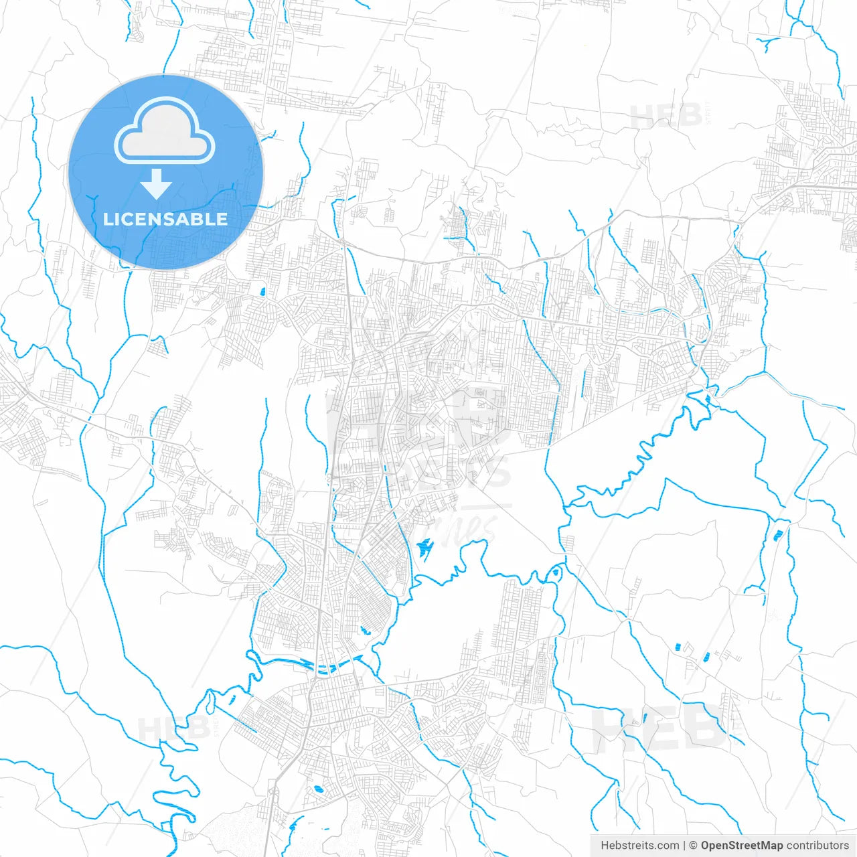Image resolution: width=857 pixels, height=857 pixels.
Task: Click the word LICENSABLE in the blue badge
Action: coord(165,219)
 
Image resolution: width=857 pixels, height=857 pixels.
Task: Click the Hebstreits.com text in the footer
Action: coord(640,846)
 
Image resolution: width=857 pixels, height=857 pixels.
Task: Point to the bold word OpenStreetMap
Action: coord(742,846)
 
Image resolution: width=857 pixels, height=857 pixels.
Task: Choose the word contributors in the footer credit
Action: coord(817,846)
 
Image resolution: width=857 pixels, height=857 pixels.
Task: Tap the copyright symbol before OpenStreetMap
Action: coord(694,846)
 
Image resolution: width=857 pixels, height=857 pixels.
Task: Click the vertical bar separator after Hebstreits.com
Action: coord(684,846)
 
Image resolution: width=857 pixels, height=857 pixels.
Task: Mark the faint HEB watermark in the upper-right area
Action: coord(666,116)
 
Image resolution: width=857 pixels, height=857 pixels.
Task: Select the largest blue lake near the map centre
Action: coord(423,550)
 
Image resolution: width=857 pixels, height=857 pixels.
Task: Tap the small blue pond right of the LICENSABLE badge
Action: coord(262,291)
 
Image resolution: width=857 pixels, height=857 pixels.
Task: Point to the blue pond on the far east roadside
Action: coord(778,534)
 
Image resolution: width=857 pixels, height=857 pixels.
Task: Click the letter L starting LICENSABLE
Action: coord(108,219)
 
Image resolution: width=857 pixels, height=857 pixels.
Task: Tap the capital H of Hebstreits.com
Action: coord(605,846)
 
